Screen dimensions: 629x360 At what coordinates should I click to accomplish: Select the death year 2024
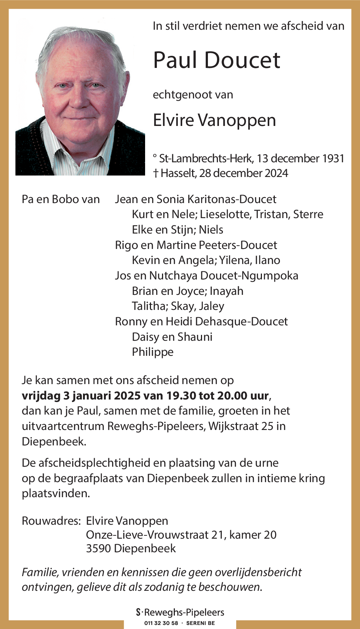276,173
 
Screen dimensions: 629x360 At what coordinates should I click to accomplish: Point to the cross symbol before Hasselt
156,173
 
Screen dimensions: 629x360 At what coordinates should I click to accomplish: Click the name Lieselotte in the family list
226,214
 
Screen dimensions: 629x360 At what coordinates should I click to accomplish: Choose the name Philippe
152,352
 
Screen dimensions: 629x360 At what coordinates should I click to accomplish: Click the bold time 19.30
181,395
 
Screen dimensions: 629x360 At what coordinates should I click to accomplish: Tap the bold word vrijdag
41,396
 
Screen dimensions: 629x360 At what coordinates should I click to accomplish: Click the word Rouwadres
51,521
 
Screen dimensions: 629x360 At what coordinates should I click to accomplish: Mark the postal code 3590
98,548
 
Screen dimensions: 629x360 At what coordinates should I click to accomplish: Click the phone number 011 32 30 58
161,623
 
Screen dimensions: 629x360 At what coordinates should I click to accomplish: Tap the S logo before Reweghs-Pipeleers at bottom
138,612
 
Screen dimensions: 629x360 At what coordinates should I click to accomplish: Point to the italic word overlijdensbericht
258,572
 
